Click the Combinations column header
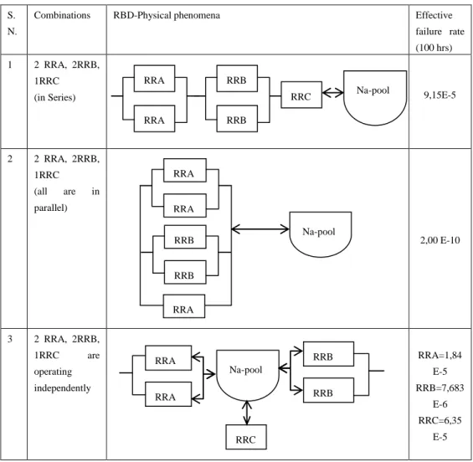pos(62,15)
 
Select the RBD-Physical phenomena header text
pos(167,15)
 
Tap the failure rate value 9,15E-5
pos(440,95)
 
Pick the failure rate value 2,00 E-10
pos(440,240)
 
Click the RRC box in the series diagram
pos(301,95)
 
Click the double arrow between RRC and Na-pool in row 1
pos(332,93)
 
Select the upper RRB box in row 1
pos(237,79)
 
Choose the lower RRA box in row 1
pos(154,119)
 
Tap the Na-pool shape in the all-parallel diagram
pos(321,234)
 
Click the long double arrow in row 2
pos(260,229)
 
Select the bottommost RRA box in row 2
pos(184,306)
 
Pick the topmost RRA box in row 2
pos(185,171)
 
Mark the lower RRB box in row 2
pos(185,272)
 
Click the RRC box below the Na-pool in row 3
pos(246,437)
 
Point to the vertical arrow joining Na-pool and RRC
pos(247,413)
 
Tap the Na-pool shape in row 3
pos(248,375)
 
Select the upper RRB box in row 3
pos(328,354)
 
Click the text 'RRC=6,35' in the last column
pos(440,420)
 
